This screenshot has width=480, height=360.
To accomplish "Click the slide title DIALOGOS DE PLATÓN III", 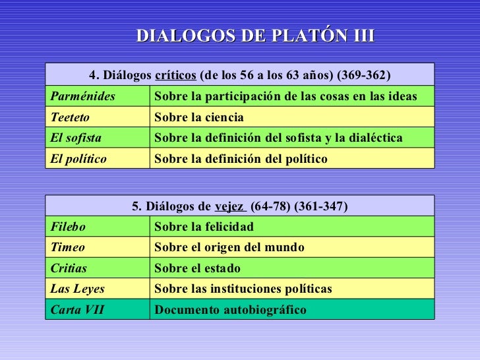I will tap(255, 36).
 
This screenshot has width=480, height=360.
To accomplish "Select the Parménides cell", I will tap(82, 97).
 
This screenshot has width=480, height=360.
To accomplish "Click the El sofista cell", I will tap(74, 138).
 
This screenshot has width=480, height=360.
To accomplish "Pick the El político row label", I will tap(78, 159).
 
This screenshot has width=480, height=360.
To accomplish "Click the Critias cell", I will tap(69, 268).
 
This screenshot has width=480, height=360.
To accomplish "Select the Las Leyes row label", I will tap(77, 289).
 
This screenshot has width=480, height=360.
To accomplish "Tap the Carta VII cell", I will tap(77, 309).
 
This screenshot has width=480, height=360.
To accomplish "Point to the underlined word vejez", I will tap(229, 206).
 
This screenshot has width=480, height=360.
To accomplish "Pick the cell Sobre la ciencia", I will tap(199, 117).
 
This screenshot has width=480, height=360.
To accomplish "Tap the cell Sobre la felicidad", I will tap(204, 227).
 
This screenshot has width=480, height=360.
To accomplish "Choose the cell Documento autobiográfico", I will tap(230, 309).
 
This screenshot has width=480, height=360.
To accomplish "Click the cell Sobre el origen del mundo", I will tap(229, 247).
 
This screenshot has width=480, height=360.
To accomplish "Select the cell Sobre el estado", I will tap(197, 268).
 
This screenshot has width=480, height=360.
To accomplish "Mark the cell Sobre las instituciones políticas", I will tap(243, 289).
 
